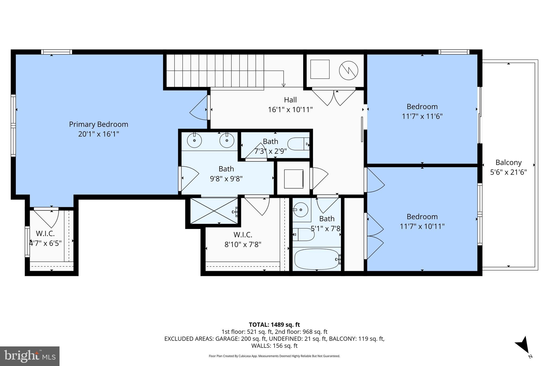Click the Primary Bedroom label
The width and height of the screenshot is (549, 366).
pyautogui.click(x=98, y=124)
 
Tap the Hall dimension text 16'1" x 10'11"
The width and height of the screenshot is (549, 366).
pyautogui.click(x=290, y=110)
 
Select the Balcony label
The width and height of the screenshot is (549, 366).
pyautogui.click(x=508, y=162)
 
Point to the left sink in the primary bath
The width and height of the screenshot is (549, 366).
pyautogui.click(x=194, y=140)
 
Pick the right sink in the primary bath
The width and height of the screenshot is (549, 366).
pyautogui.click(x=227, y=140)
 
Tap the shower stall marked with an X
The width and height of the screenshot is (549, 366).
pyautogui.click(x=214, y=211)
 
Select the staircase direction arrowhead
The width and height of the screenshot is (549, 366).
pyautogui.click(x=283, y=85)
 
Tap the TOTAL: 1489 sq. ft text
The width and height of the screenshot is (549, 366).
pyautogui.click(x=274, y=325)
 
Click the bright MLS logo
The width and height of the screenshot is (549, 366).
pyautogui.click(x=30, y=356)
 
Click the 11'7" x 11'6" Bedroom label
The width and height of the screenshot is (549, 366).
pyautogui.click(x=422, y=107)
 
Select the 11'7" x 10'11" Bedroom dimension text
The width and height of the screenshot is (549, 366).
pyautogui.click(x=422, y=227)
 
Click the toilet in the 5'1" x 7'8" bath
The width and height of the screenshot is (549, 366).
pyautogui.click(x=303, y=235)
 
